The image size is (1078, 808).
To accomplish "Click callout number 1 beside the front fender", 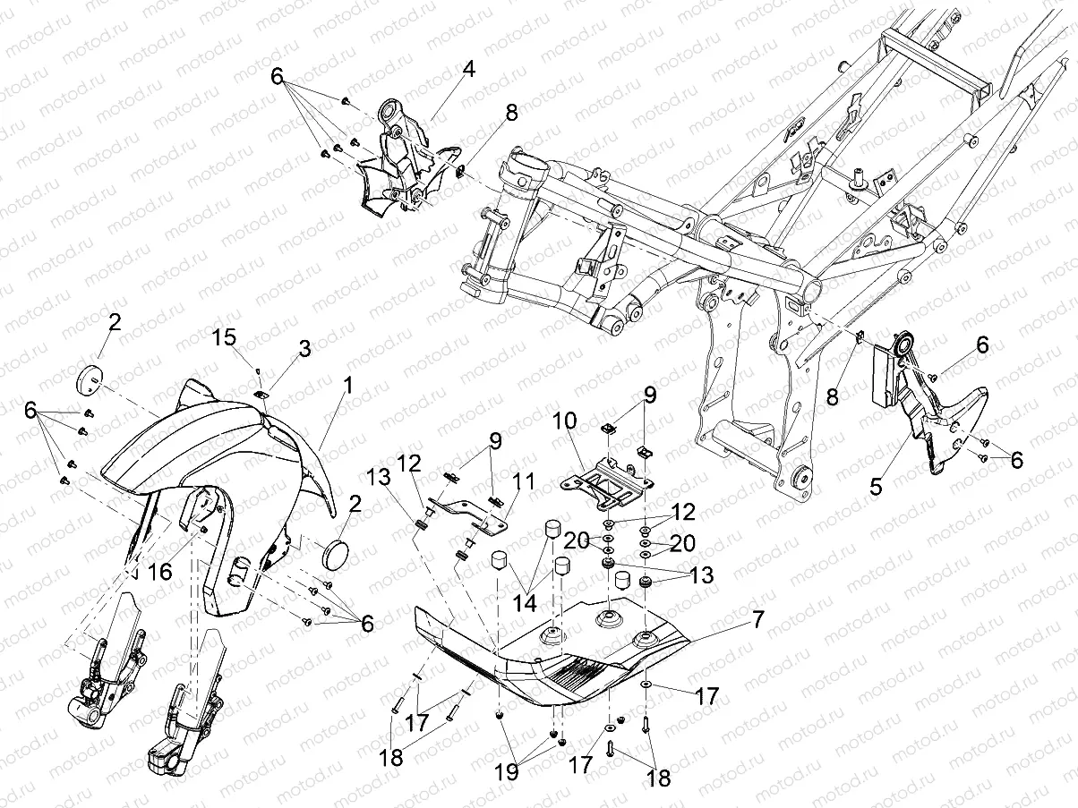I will (x=346, y=387).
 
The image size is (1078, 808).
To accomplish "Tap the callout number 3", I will (x=304, y=349).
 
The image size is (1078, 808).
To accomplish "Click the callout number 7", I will (x=757, y=617).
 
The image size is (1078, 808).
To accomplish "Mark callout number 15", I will (x=226, y=337).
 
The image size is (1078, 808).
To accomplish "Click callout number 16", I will (x=158, y=573).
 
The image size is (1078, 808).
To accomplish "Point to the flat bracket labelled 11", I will (x=466, y=511).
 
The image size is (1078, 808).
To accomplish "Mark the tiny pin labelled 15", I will (x=257, y=369).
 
